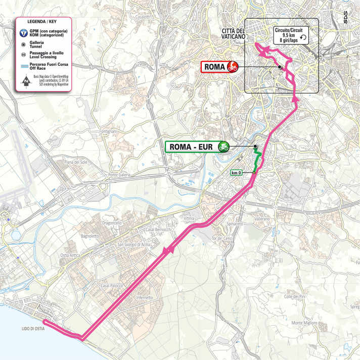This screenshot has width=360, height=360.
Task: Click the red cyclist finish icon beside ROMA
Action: click(x=233, y=67)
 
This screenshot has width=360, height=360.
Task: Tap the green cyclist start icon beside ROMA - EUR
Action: click(x=222, y=147)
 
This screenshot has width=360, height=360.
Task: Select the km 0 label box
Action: click(x=236, y=173)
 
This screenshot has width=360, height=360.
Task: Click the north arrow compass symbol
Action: click(x=23, y=80)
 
